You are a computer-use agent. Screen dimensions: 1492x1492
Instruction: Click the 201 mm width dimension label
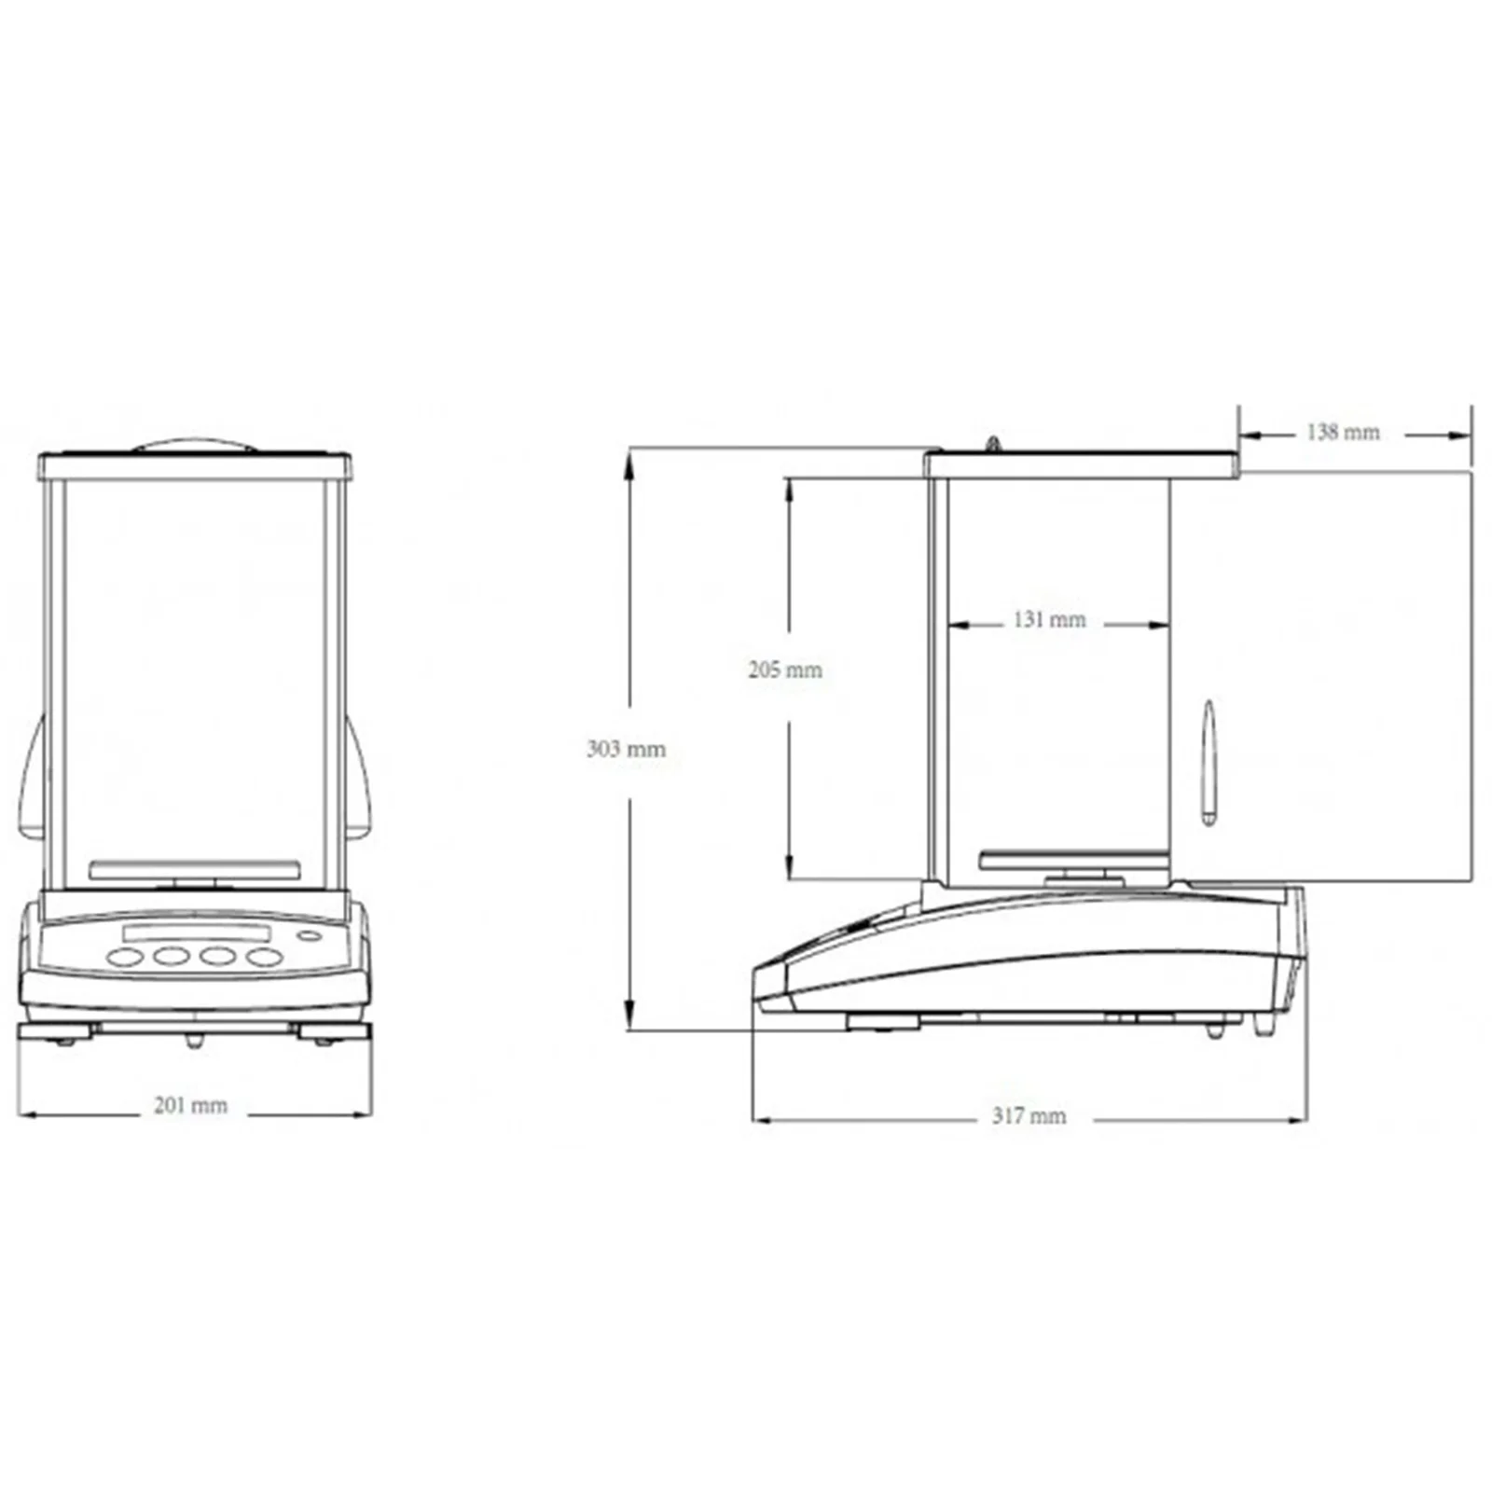[190, 1105]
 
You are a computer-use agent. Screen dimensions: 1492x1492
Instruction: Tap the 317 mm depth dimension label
[1029, 1115]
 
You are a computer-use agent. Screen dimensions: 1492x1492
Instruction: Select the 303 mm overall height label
[626, 748]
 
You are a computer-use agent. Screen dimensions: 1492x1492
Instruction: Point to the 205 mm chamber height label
[785, 669]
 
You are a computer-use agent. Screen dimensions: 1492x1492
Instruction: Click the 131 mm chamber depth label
[1049, 619]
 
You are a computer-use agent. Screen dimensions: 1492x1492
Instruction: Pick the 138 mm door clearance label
[1343, 432]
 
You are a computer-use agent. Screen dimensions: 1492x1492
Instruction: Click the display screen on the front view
[197, 932]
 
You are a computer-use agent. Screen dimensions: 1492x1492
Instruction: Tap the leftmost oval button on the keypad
[125, 957]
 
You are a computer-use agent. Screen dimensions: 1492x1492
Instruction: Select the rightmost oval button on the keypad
[264, 957]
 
